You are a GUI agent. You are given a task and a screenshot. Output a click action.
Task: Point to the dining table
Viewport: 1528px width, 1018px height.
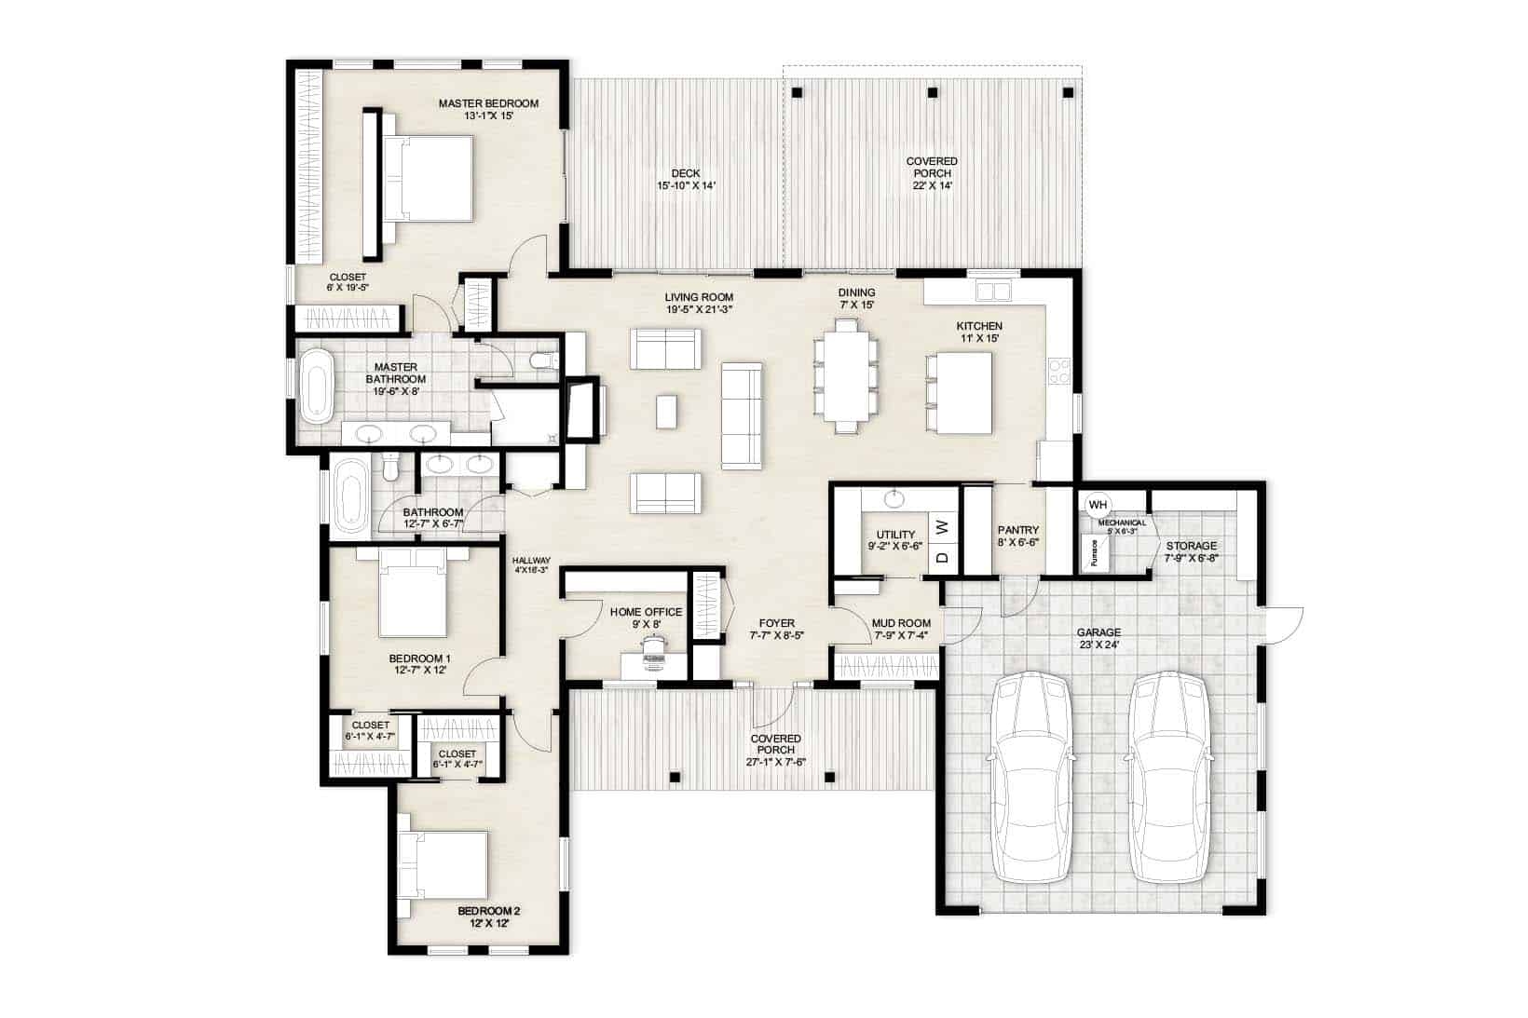point(845,374)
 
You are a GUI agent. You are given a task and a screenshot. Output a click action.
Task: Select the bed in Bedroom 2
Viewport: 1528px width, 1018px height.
point(443,865)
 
